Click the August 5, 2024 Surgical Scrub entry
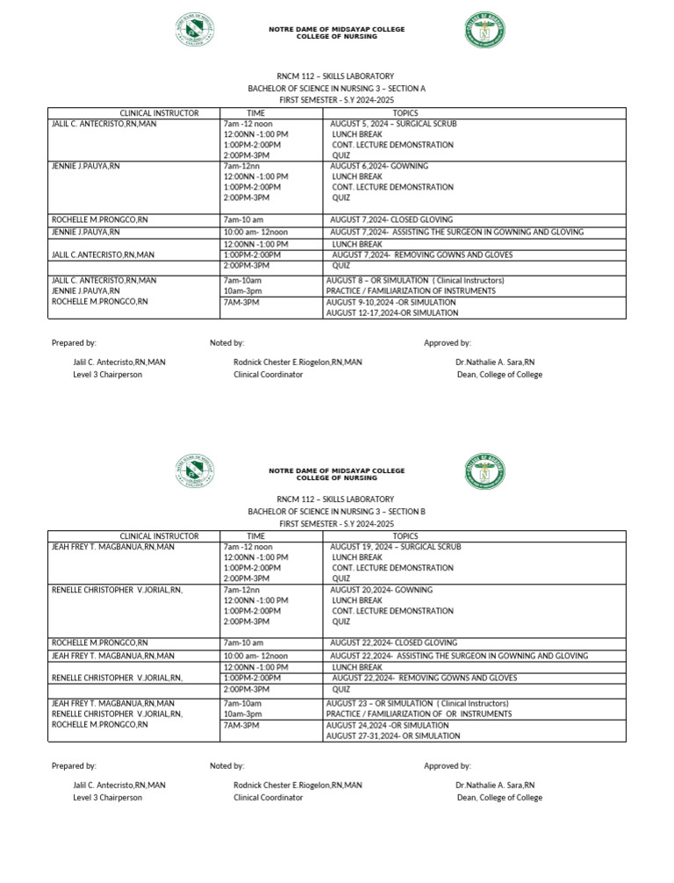coord(393,124)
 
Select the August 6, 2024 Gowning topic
coord(379,166)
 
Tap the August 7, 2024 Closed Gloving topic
coord(391,219)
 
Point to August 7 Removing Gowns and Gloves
coord(422,255)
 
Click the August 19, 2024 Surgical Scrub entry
coord(395,547)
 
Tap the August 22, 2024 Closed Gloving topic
coord(393,643)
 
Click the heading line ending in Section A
coord(336,89)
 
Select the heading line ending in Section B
coord(336,511)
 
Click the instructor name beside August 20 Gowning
coord(117,590)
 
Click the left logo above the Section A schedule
coord(196,28)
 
